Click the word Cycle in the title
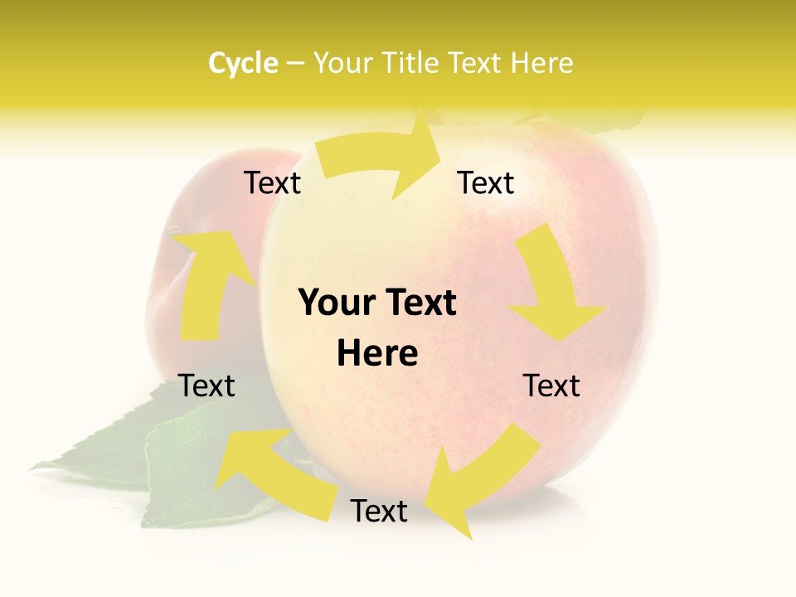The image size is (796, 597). [x=243, y=63]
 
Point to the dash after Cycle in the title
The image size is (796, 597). [x=295, y=64]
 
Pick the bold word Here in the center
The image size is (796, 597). [x=377, y=354]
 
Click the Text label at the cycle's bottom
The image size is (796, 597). [x=379, y=511]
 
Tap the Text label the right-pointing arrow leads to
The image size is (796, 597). [x=486, y=182]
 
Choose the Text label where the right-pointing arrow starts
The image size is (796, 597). [x=272, y=182]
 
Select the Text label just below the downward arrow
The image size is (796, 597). [x=551, y=386]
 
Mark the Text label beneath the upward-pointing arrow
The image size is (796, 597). [x=207, y=386]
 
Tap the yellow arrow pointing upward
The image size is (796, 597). [x=209, y=282]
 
